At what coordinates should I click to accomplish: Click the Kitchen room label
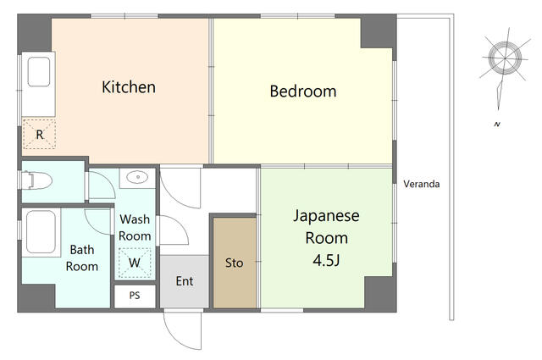click(x=129, y=87)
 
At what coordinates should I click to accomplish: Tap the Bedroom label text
click(x=303, y=91)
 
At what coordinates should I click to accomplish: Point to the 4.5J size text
click(x=326, y=260)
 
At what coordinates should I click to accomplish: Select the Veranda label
click(x=422, y=184)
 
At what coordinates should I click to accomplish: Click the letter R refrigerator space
click(x=40, y=134)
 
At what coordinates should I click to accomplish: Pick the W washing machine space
click(x=135, y=263)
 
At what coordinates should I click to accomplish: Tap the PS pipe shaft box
click(x=135, y=296)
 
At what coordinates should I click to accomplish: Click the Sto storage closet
click(x=235, y=263)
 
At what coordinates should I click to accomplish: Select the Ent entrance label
click(x=185, y=281)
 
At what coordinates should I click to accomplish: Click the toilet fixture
click(x=36, y=180)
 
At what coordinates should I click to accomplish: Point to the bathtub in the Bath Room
click(x=41, y=232)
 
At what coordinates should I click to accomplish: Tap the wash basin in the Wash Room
click(x=137, y=178)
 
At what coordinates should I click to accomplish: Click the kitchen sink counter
click(x=38, y=84)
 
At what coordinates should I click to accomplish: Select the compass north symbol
click(x=505, y=58)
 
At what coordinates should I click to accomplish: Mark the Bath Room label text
click(x=82, y=258)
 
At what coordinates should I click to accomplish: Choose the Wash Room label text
click(x=135, y=228)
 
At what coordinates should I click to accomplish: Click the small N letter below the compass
click(x=497, y=125)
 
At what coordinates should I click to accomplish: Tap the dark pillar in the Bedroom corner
click(x=379, y=33)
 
